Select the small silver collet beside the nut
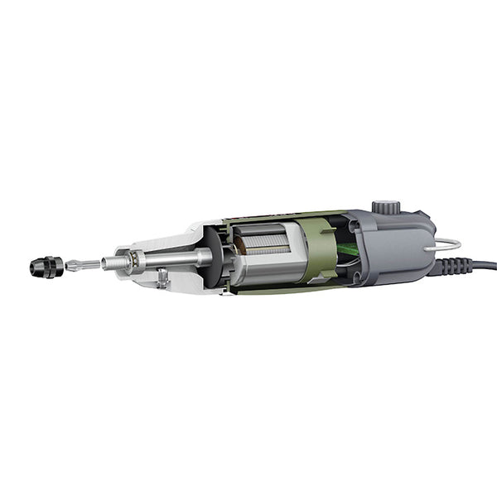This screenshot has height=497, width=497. [x=75, y=266]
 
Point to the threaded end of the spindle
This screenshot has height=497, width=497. [x=113, y=262]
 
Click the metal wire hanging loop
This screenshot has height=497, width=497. [x=448, y=244]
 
